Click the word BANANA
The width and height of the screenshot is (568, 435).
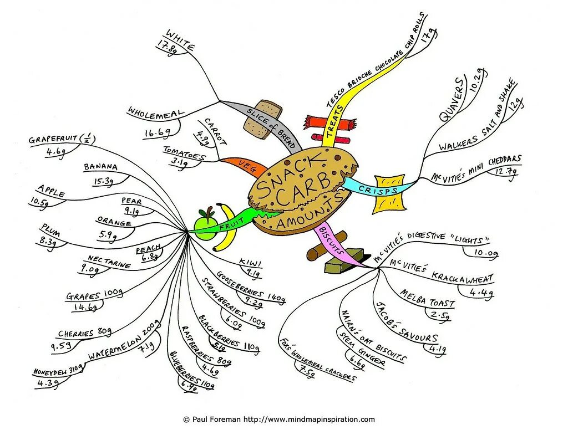tap(101, 167)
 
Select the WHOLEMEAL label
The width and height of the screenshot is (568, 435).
tap(155, 112)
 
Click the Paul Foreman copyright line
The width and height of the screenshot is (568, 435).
tap(278, 419)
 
